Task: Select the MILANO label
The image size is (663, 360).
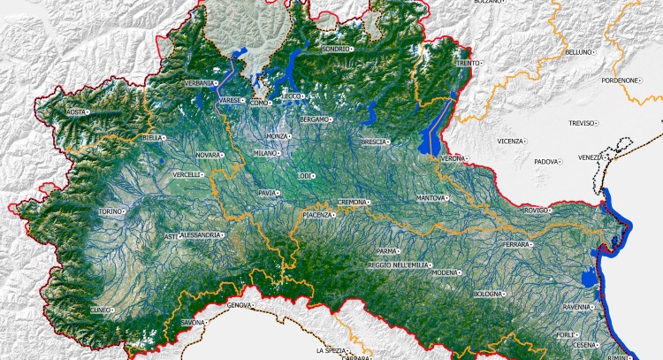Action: tap(264, 153)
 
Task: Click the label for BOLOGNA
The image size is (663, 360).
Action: tap(487, 293)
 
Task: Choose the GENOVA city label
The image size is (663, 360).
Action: tap(240, 305)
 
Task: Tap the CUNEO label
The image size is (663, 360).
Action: tap(101, 310)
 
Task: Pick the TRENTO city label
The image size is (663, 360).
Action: tap(468, 64)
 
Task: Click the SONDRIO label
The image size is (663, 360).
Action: tap(336, 49)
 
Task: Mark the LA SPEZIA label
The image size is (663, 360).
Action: tap(332, 350)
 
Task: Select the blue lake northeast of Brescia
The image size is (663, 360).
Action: tap(371, 113)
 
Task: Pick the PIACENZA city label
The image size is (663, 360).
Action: tap(317, 216)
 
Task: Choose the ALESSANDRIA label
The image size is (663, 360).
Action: tap(200, 235)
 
